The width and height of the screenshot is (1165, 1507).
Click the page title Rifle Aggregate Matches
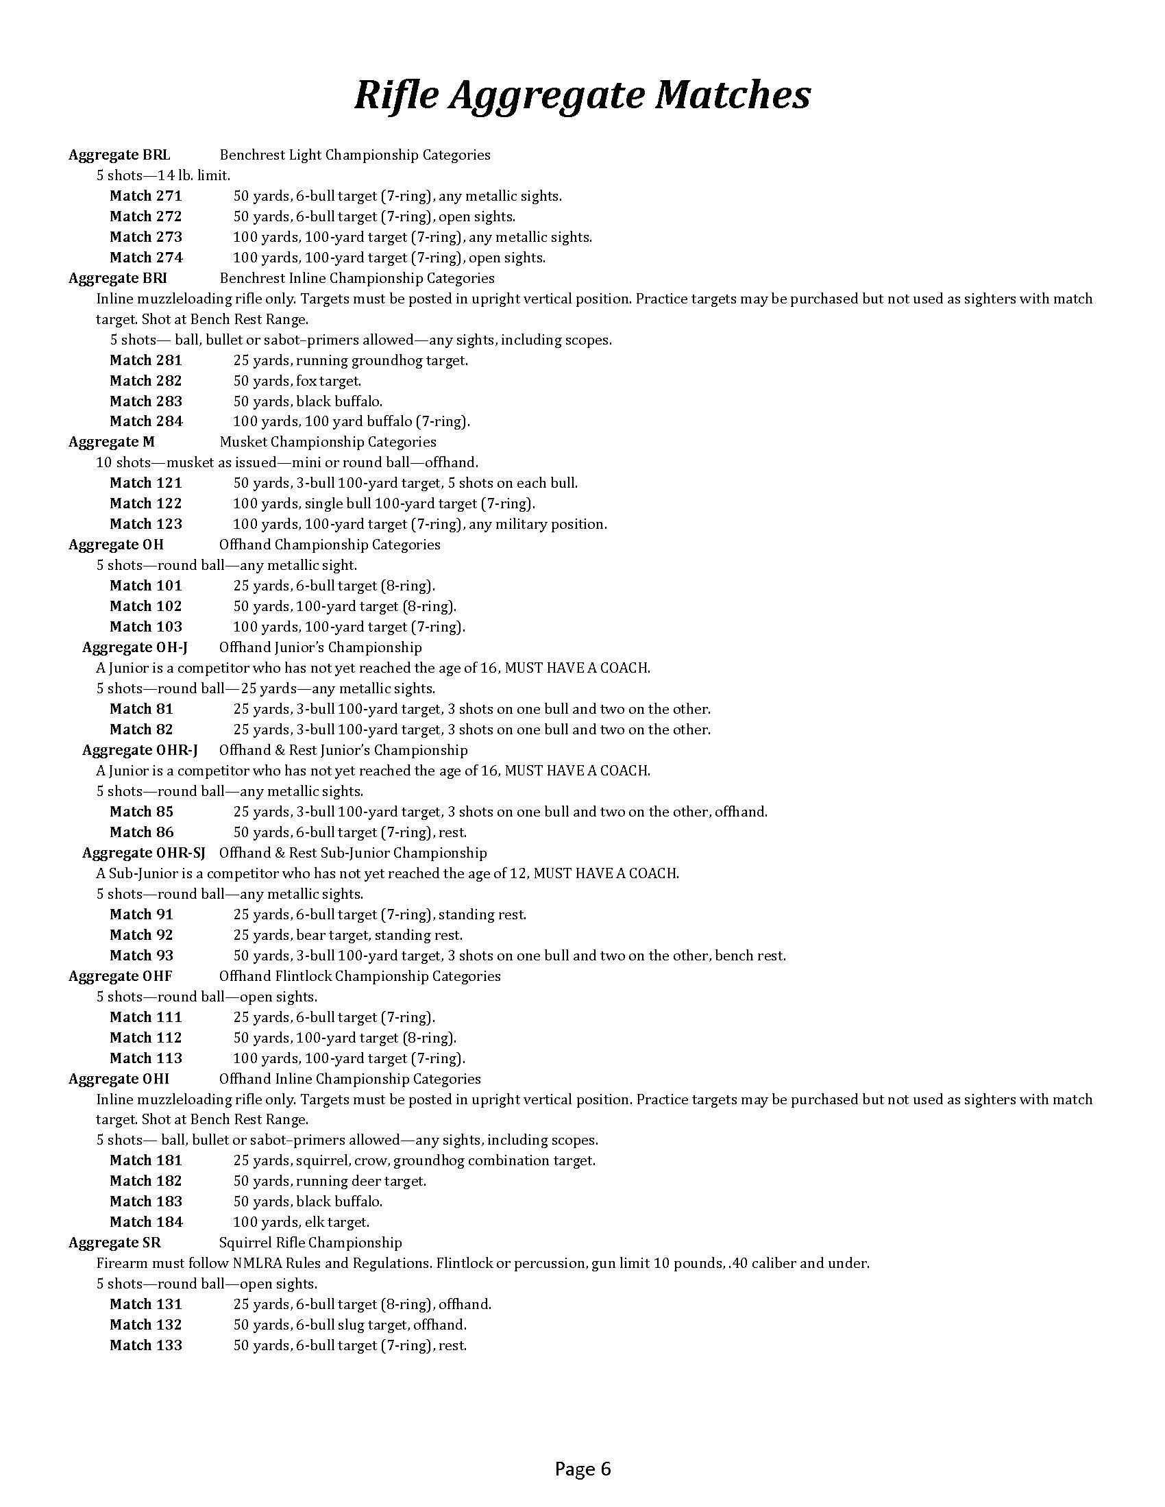click(x=582, y=95)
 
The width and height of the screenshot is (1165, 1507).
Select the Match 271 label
click(x=145, y=196)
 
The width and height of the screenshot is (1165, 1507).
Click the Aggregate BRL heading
click(x=119, y=155)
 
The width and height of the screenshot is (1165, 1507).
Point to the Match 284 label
click(x=145, y=421)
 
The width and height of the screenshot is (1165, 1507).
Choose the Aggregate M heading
click(x=111, y=442)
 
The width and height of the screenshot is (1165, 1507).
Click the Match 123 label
click(x=145, y=524)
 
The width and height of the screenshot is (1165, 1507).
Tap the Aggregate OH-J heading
click(x=134, y=647)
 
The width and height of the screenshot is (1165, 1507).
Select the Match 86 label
click(x=141, y=832)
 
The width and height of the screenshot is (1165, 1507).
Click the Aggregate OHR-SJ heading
click(x=143, y=853)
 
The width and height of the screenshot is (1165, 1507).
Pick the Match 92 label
click(x=141, y=935)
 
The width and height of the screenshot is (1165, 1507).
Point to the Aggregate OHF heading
click(x=120, y=975)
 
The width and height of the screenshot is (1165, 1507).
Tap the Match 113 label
click(x=145, y=1058)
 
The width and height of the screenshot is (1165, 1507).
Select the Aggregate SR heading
click(x=114, y=1243)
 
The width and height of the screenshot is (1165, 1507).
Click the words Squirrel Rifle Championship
click(x=310, y=1243)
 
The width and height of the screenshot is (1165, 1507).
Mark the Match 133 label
click(x=145, y=1345)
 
